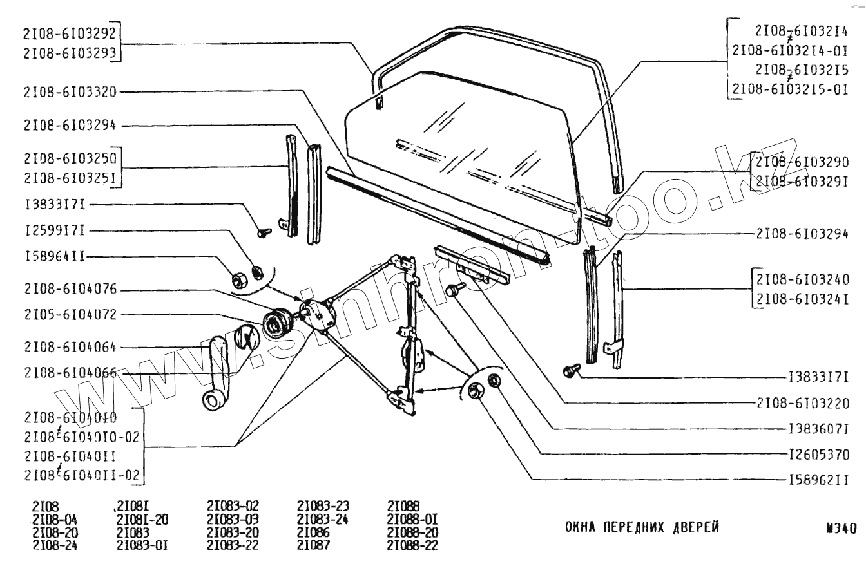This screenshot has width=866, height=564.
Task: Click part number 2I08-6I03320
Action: pos(70,92)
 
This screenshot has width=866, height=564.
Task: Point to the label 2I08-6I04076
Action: pos(70,289)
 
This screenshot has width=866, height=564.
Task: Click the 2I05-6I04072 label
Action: pos(70,315)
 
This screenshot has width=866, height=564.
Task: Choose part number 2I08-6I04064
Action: pos(70,348)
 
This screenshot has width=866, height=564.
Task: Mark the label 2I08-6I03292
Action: pos(70,33)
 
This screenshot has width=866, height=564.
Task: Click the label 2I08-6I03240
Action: pos(803,279)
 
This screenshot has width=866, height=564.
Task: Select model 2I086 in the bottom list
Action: pos(314,533)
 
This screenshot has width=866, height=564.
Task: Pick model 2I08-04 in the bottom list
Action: pos(53,520)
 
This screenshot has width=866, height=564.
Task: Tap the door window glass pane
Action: pos(451,148)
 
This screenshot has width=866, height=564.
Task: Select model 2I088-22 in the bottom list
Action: pos(412,545)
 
